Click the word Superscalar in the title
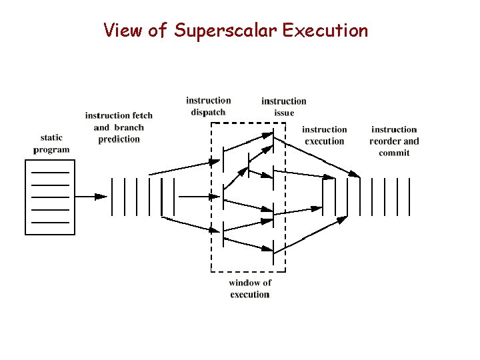226,31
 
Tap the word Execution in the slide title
325,31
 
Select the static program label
51,144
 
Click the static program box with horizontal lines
50,197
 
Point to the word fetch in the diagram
138,115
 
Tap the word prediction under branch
119,139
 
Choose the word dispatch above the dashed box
208,112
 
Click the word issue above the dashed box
284,113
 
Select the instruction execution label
324,135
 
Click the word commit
394,153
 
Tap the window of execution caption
250,289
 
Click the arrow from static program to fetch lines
91,197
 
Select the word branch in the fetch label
129,127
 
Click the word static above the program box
51,138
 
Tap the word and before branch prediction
101,127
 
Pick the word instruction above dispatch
208,101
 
